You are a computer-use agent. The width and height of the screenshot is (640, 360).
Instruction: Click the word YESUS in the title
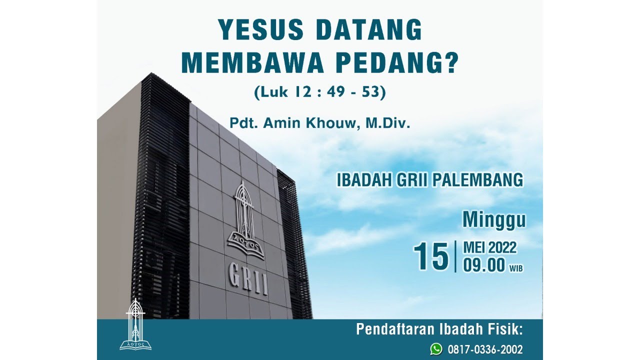click(x=261, y=29)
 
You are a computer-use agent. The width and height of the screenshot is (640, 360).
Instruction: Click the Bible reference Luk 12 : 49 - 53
click(x=320, y=92)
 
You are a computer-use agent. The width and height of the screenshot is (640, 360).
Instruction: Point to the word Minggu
click(x=494, y=220)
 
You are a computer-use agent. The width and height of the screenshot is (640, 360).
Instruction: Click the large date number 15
click(x=431, y=256)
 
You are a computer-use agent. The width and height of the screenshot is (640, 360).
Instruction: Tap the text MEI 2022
click(x=489, y=247)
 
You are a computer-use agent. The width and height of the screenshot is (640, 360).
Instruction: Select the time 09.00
click(x=484, y=265)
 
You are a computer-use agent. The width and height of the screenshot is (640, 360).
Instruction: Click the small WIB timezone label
click(x=516, y=268)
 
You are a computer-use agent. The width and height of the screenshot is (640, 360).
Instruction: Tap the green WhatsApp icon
click(x=436, y=349)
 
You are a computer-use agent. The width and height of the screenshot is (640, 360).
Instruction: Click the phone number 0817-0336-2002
click(x=485, y=349)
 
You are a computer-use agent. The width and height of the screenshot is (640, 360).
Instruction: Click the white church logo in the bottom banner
click(x=135, y=324)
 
